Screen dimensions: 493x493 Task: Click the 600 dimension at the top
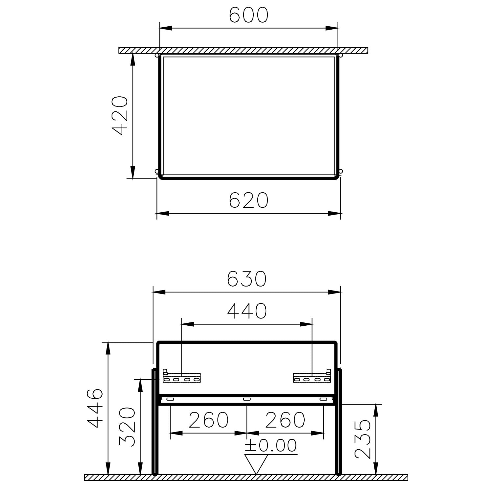(x=248, y=15)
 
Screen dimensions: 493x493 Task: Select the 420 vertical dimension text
(x=120, y=116)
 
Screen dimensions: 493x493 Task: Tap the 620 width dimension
(x=248, y=200)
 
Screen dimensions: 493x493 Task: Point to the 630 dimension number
(x=246, y=279)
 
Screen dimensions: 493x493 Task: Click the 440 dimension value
(x=247, y=311)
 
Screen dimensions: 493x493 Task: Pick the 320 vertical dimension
(x=127, y=427)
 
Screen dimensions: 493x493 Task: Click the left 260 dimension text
(x=208, y=420)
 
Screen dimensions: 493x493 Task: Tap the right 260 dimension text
(x=285, y=420)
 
